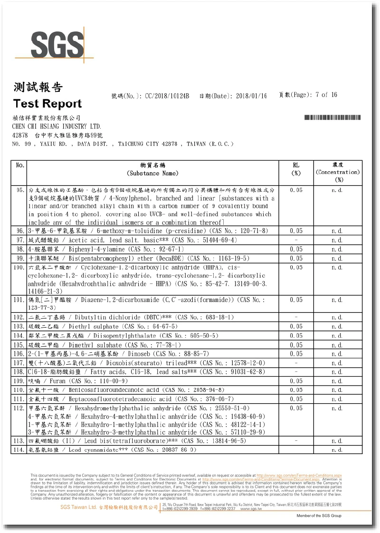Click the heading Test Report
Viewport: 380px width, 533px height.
click(47, 104)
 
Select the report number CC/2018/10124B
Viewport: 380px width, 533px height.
click(167, 96)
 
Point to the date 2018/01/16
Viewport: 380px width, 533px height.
click(251, 96)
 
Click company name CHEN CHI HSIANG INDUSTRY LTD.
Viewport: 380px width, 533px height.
click(57, 126)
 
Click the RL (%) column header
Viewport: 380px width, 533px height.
click(296, 169)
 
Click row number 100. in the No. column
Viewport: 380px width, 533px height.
click(19, 268)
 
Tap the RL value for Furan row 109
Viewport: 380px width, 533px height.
click(296, 381)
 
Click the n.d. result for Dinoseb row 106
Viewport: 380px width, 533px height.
click(338, 354)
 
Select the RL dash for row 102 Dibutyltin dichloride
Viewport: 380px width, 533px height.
click(296, 317)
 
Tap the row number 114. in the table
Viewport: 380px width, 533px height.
click(19, 449)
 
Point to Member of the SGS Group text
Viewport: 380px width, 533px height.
click(319, 516)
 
